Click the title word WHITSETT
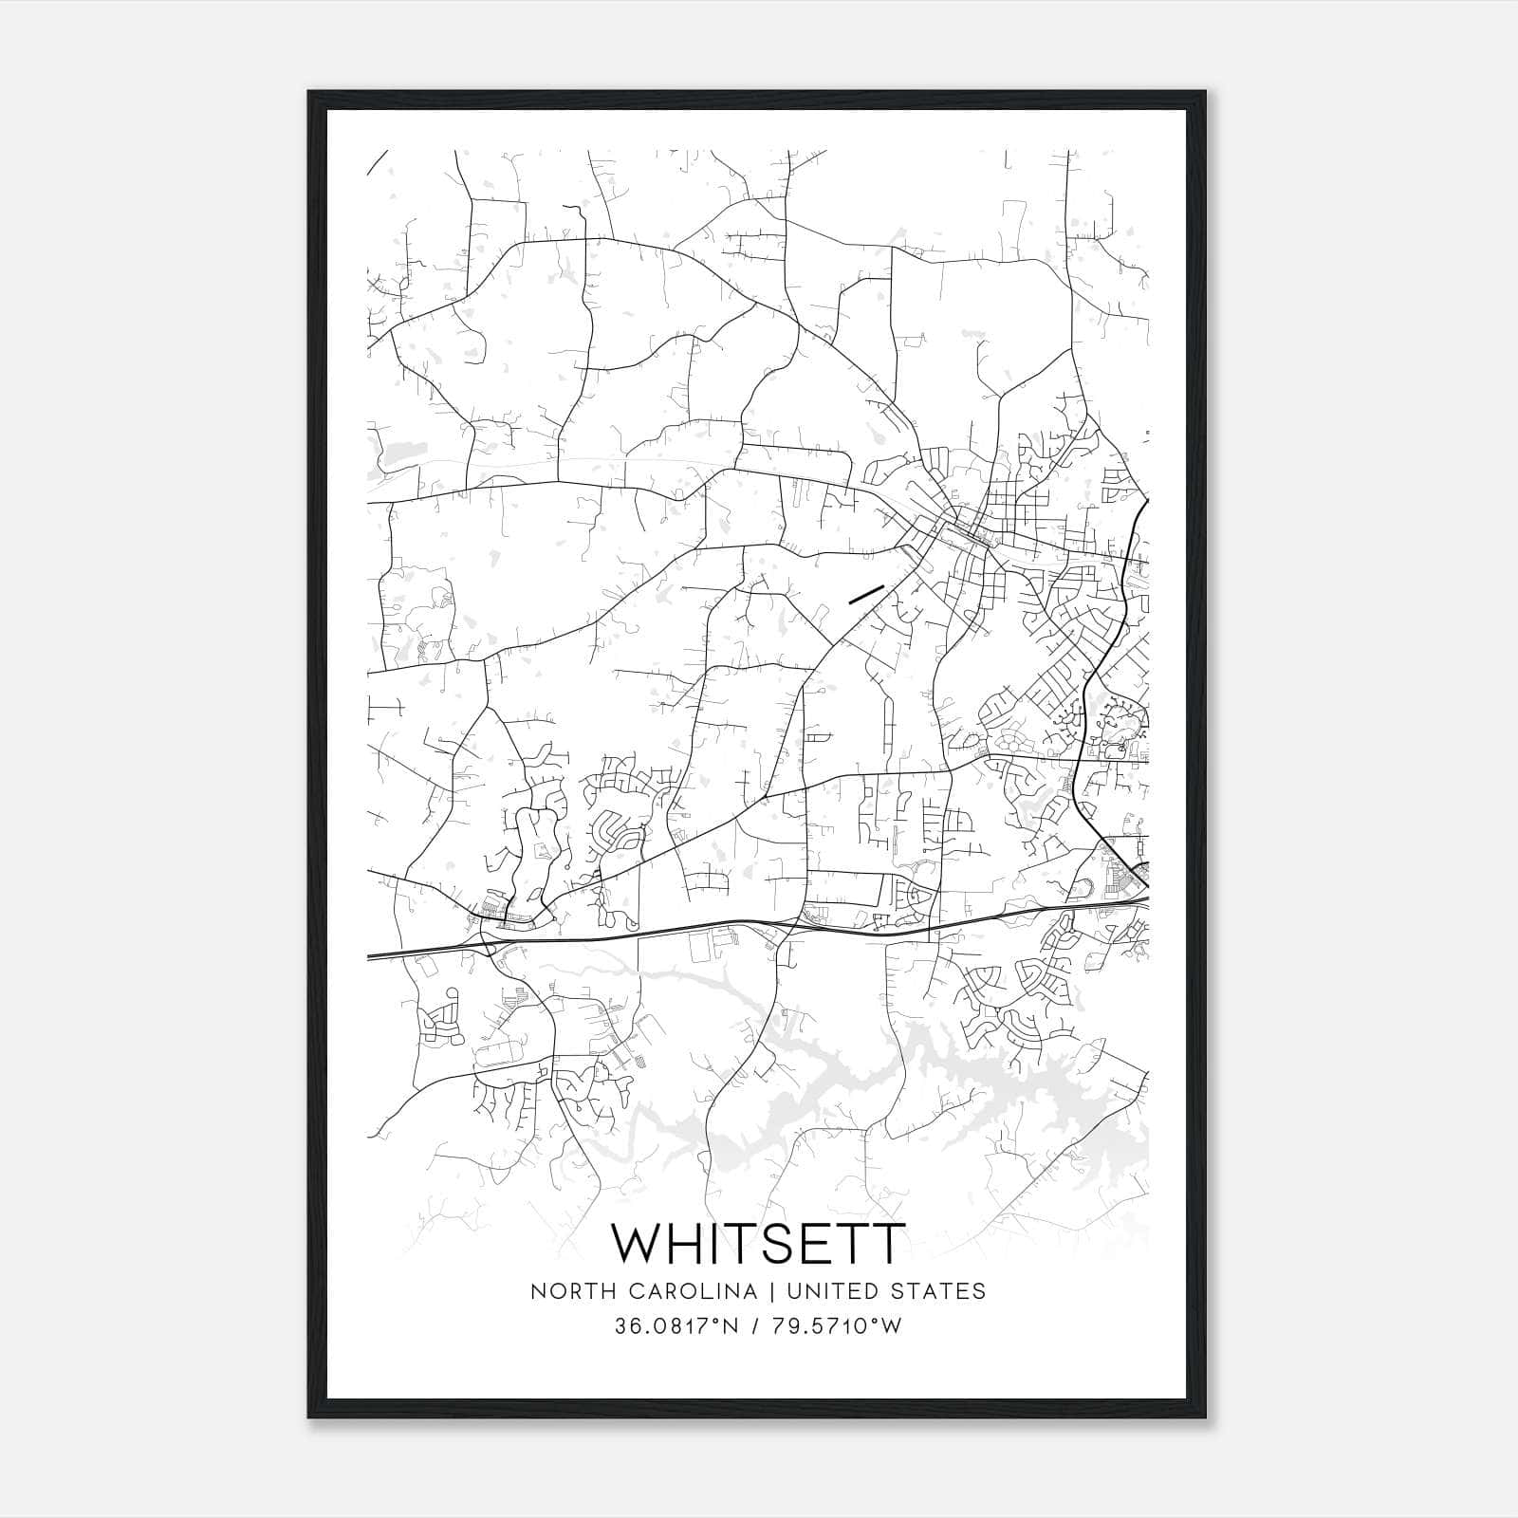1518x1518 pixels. coord(758,1243)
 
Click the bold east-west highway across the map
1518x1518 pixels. coord(664,931)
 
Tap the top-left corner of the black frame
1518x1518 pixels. coord(310,93)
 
